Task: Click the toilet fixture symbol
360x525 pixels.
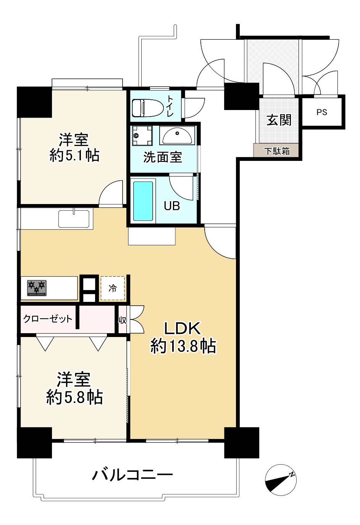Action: (x=147, y=108)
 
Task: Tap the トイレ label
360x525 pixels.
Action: (x=170, y=107)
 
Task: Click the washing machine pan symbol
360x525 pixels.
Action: (x=142, y=136)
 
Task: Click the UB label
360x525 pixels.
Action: (x=172, y=206)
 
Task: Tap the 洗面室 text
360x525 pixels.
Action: (x=163, y=157)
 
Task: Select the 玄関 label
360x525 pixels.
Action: (x=279, y=120)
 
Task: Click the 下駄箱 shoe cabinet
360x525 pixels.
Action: (x=277, y=151)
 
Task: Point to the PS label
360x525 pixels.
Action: (x=322, y=112)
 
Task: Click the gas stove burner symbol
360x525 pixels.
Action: (x=37, y=288)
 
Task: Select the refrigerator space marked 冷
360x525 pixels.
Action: (x=113, y=288)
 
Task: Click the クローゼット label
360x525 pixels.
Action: (x=48, y=319)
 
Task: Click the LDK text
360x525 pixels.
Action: (x=182, y=328)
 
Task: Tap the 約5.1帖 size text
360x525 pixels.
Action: (x=74, y=156)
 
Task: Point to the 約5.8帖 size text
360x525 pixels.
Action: (x=74, y=397)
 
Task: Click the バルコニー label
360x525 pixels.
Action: (x=132, y=475)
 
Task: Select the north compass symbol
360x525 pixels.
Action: (x=281, y=480)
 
